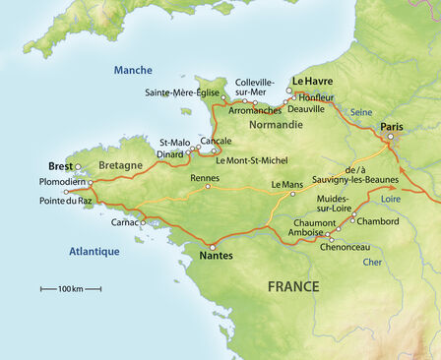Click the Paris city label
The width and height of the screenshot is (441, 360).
click(x=392, y=126)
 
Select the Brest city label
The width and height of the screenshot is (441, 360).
click(x=61, y=166)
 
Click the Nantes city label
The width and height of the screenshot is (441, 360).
click(x=216, y=258)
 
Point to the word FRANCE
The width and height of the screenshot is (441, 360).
click(x=293, y=287)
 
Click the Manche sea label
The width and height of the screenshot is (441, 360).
click(x=133, y=70)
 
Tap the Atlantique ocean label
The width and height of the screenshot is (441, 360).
click(x=94, y=251)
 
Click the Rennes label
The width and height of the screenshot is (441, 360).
click(x=205, y=179)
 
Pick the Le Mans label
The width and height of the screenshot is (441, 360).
click(x=286, y=185)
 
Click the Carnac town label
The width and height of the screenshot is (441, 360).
click(x=124, y=223)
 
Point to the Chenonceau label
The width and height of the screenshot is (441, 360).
click(x=344, y=247)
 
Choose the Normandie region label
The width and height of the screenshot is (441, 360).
click(x=275, y=125)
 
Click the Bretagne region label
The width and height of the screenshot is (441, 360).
click(x=121, y=165)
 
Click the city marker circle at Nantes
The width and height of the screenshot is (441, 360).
click(x=213, y=246)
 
